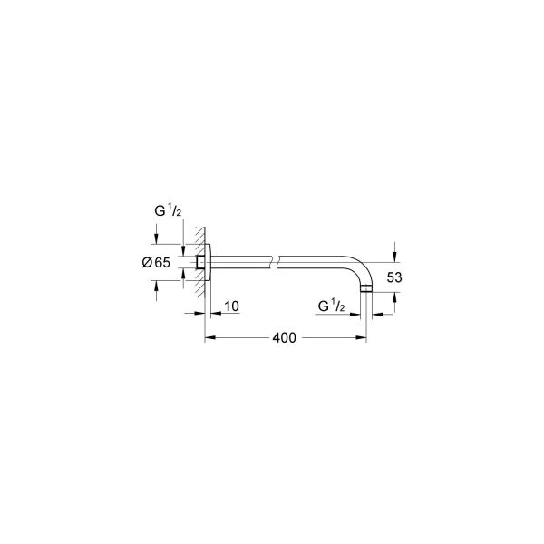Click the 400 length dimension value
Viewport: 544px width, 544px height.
(x=284, y=337)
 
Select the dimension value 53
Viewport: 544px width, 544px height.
(x=393, y=278)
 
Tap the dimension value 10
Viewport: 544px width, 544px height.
(x=230, y=306)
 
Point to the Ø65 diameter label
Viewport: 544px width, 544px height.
(x=157, y=262)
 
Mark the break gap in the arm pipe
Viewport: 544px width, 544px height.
(x=275, y=262)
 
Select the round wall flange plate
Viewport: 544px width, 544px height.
(x=208, y=262)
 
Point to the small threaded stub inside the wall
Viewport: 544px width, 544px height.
(x=199, y=262)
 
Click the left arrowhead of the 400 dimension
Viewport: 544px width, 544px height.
(x=208, y=338)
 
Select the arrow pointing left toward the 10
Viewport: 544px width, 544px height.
(x=216, y=313)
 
